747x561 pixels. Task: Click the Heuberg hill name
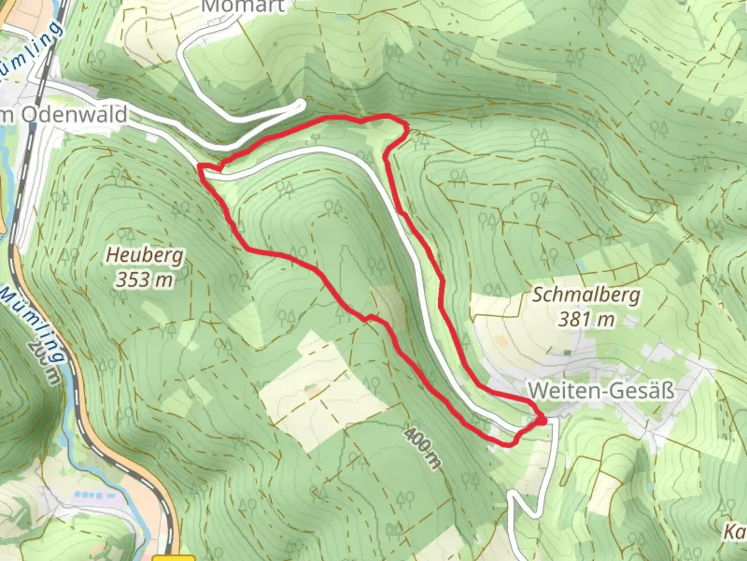(x=145, y=256)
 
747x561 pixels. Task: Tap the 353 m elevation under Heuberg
(x=144, y=279)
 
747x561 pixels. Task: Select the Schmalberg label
(x=586, y=295)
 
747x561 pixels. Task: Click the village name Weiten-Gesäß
(x=601, y=390)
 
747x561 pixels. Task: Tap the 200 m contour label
(x=44, y=362)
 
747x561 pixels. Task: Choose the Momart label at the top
(x=243, y=7)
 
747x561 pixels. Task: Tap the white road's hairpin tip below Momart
(x=302, y=105)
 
